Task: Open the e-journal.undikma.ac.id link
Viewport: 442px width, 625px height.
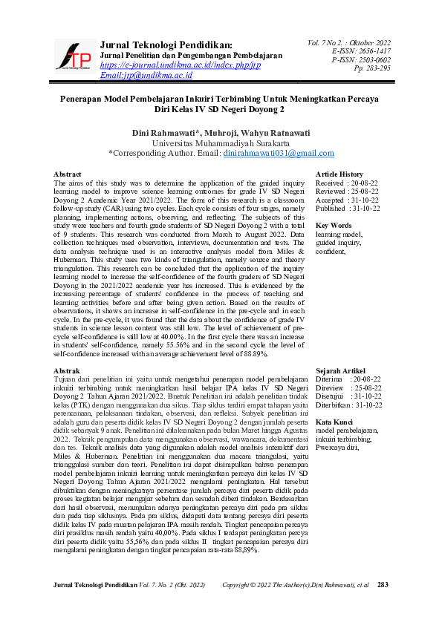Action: tap(180, 65)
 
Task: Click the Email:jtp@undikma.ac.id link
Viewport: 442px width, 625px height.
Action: tap(146, 75)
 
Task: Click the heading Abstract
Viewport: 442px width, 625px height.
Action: tap(68, 174)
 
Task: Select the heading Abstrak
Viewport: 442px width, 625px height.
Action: tap(67, 370)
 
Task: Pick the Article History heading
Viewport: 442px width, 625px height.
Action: tap(339, 174)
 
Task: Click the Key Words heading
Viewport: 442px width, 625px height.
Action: tap(334, 225)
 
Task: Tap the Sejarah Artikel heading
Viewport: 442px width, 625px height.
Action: tap(342, 370)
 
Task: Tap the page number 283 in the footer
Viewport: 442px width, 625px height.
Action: tap(383, 586)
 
